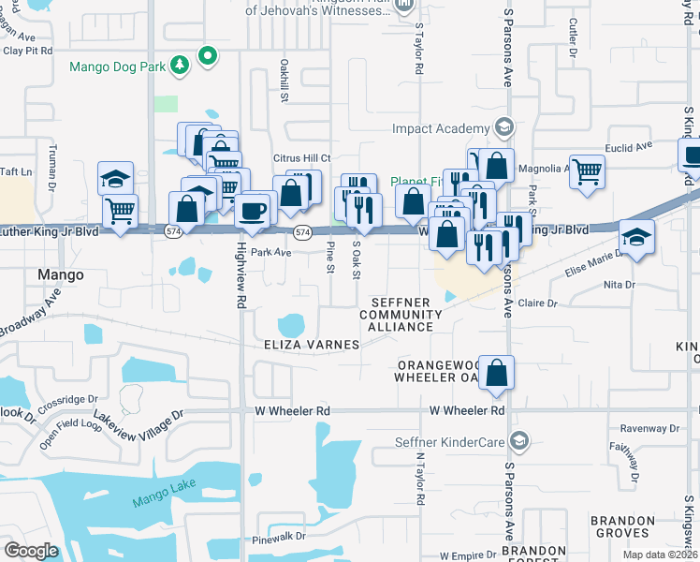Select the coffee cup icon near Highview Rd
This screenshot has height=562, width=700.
coord(253,211)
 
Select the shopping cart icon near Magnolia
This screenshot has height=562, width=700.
coord(587,171)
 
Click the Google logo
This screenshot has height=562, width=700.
coord(31,551)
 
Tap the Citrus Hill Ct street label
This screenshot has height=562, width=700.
coord(301,158)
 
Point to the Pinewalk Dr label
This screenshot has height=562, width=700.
coord(279,539)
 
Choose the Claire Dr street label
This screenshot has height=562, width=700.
coord(537,303)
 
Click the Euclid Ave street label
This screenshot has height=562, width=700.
coord(630,147)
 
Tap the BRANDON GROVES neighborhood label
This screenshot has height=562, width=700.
coord(622,526)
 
